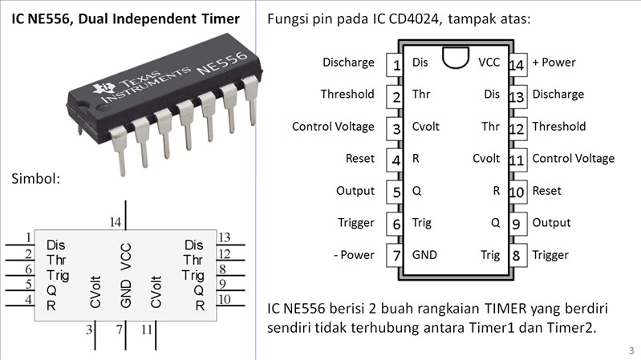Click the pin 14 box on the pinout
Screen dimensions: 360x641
coord(517,63)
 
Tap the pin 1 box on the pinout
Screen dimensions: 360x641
coord(396,63)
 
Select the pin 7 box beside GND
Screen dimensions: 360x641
coord(396,256)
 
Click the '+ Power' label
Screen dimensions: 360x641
coord(554,63)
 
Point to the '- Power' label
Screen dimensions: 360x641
coord(353,255)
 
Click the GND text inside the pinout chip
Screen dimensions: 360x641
coord(424,255)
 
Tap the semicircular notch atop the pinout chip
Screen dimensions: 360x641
coord(455,58)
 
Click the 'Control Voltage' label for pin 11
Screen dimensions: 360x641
coord(573,159)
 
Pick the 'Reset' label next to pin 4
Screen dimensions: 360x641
coord(360,159)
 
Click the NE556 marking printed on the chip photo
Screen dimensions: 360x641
coord(217,65)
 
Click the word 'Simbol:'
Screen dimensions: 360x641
coord(35,178)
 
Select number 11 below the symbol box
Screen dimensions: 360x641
coord(148,330)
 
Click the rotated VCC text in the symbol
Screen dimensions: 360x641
coord(126,258)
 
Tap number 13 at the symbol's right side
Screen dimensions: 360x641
coord(225,237)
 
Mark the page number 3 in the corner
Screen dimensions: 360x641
coord(631,350)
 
